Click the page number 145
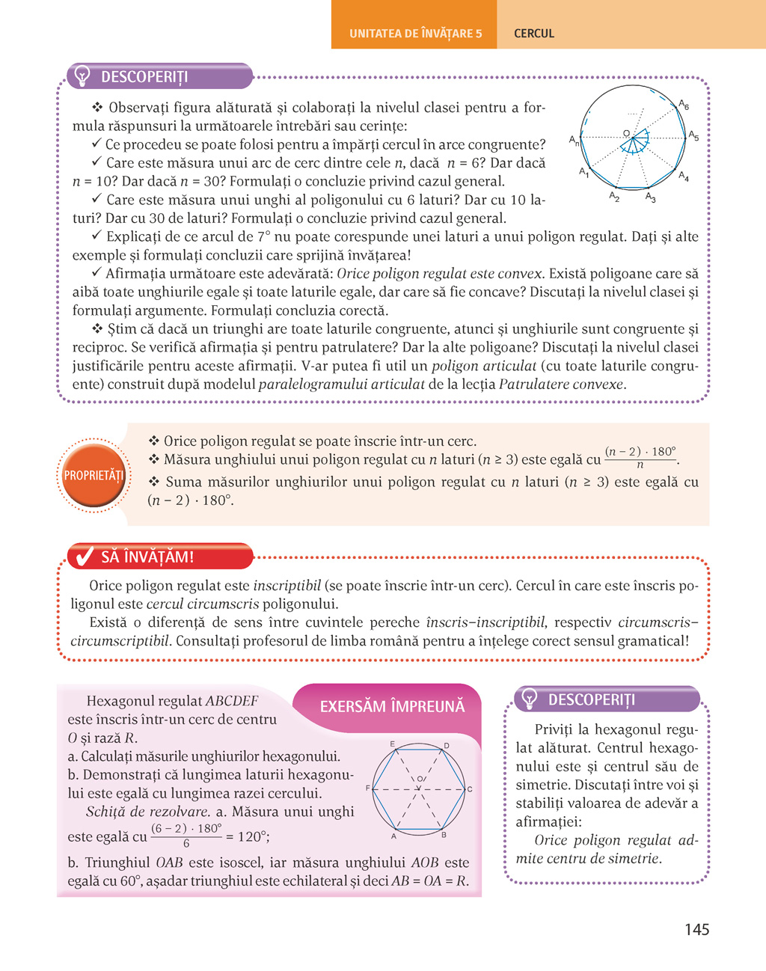[x=696, y=930]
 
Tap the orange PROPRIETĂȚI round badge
[x=94, y=476]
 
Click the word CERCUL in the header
[x=534, y=34]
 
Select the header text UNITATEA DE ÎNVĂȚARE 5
[x=415, y=34]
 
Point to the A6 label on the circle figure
[x=684, y=105]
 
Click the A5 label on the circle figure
[x=693, y=136]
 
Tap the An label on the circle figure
[x=574, y=140]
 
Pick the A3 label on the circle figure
[x=651, y=197]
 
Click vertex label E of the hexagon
[x=393, y=744]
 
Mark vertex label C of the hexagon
[x=470, y=789]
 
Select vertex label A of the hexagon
[x=393, y=836]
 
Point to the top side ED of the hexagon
[x=419, y=749]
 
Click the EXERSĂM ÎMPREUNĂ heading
[x=392, y=707]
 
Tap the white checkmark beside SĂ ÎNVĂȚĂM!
[x=85, y=557]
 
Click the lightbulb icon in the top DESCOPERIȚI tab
[x=82, y=76]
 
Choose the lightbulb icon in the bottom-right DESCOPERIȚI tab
[x=530, y=699]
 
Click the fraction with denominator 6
[x=186, y=836]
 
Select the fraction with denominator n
[x=640, y=458]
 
